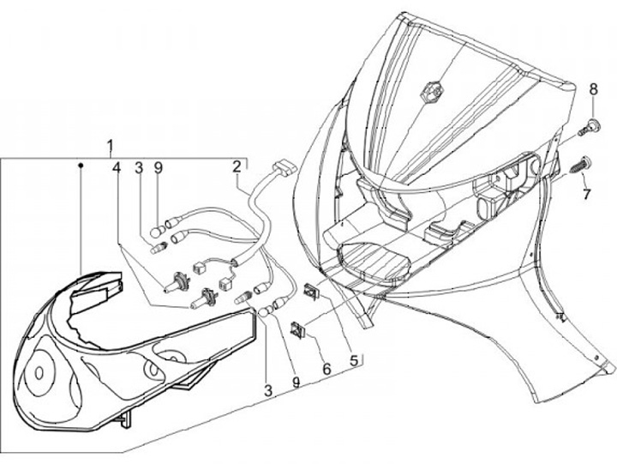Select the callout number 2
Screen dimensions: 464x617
click(237, 166)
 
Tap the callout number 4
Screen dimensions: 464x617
click(115, 166)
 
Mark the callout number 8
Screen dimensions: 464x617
click(591, 88)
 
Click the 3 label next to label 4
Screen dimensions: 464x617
click(137, 166)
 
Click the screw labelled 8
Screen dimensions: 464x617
click(584, 128)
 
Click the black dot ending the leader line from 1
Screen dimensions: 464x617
click(80, 163)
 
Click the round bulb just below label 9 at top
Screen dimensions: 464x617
click(156, 230)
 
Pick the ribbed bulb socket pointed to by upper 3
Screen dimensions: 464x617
click(157, 250)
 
